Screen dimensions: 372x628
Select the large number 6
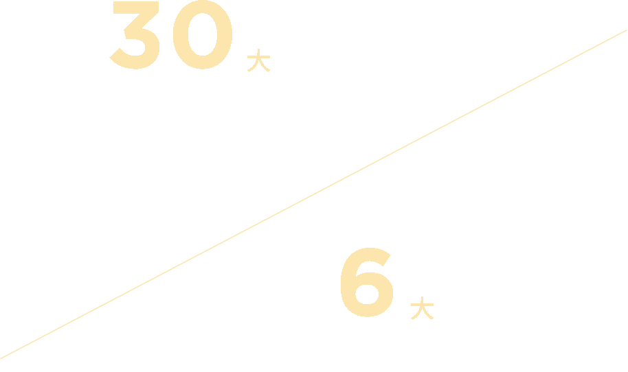[366, 283]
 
